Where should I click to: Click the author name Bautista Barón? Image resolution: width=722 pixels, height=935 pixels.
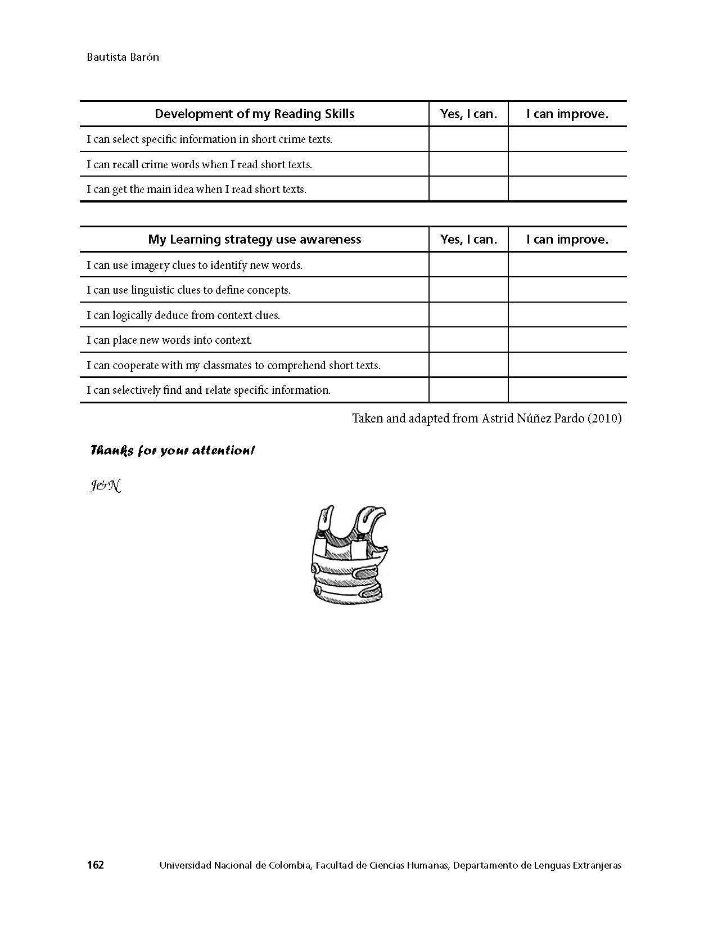pyautogui.click(x=123, y=57)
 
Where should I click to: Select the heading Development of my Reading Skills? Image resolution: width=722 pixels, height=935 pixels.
pyautogui.click(x=254, y=114)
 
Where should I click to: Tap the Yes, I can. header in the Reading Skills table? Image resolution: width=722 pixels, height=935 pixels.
pyautogui.click(x=468, y=114)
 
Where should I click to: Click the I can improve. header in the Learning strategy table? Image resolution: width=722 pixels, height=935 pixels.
pyautogui.click(x=567, y=240)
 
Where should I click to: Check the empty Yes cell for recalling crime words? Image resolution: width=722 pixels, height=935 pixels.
pyautogui.click(x=468, y=164)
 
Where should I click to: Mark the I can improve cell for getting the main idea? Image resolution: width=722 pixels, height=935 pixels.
pyautogui.click(x=567, y=189)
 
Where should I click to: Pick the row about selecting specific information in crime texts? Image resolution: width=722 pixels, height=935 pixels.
pyautogui.click(x=209, y=140)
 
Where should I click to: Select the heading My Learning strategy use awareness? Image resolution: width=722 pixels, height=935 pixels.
pyautogui.click(x=254, y=240)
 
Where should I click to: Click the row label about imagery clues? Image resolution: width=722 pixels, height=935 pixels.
pyautogui.click(x=195, y=265)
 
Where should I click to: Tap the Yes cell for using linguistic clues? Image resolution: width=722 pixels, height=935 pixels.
pyautogui.click(x=468, y=290)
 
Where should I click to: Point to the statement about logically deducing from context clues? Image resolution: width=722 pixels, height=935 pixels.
pyautogui.click(x=183, y=315)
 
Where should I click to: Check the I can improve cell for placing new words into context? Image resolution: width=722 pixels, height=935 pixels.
pyautogui.click(x=567, y=340)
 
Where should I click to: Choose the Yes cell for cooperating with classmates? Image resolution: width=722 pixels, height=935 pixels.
pyautogui.click(x=468, y=365)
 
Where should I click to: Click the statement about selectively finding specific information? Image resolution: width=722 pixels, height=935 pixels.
pyautogui.click(x=209, y=390)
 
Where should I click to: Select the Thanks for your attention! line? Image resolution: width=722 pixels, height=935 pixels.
pyautogui.click(x=173, y=451)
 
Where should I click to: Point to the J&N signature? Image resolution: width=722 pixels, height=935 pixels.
pyautogui.click(x=105, y=486)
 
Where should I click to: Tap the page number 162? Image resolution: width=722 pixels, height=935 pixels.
pyautogui.click(x=96, y=865)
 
